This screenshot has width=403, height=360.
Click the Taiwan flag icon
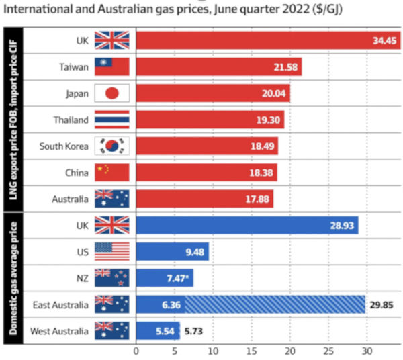(111, 67)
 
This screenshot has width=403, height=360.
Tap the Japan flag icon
(111, 93)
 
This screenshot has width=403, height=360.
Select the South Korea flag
(111, 146)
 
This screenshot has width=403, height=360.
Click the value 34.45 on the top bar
(386, 41)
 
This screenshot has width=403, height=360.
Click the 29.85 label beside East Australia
(382, 305)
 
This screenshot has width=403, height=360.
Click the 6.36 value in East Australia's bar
(150, 305)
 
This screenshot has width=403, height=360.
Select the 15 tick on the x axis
(252, 351)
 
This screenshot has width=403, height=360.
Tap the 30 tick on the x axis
(367, 351)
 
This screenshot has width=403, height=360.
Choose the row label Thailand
(71, 120)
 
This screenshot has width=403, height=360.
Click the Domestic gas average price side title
(12, 279)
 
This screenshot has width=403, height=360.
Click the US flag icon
(111, 252)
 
